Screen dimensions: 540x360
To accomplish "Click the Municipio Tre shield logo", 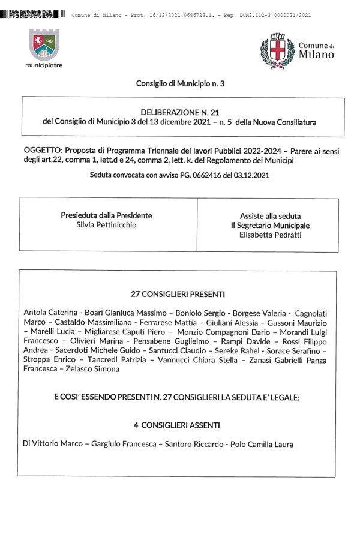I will click(44, 44).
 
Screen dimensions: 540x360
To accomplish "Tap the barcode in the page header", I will click(33, 13).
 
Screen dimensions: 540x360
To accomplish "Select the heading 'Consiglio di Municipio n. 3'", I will click(180, 85).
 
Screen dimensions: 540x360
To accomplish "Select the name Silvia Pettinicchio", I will click(107, 225).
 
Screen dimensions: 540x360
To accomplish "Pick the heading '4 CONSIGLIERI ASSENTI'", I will click(176, 425).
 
